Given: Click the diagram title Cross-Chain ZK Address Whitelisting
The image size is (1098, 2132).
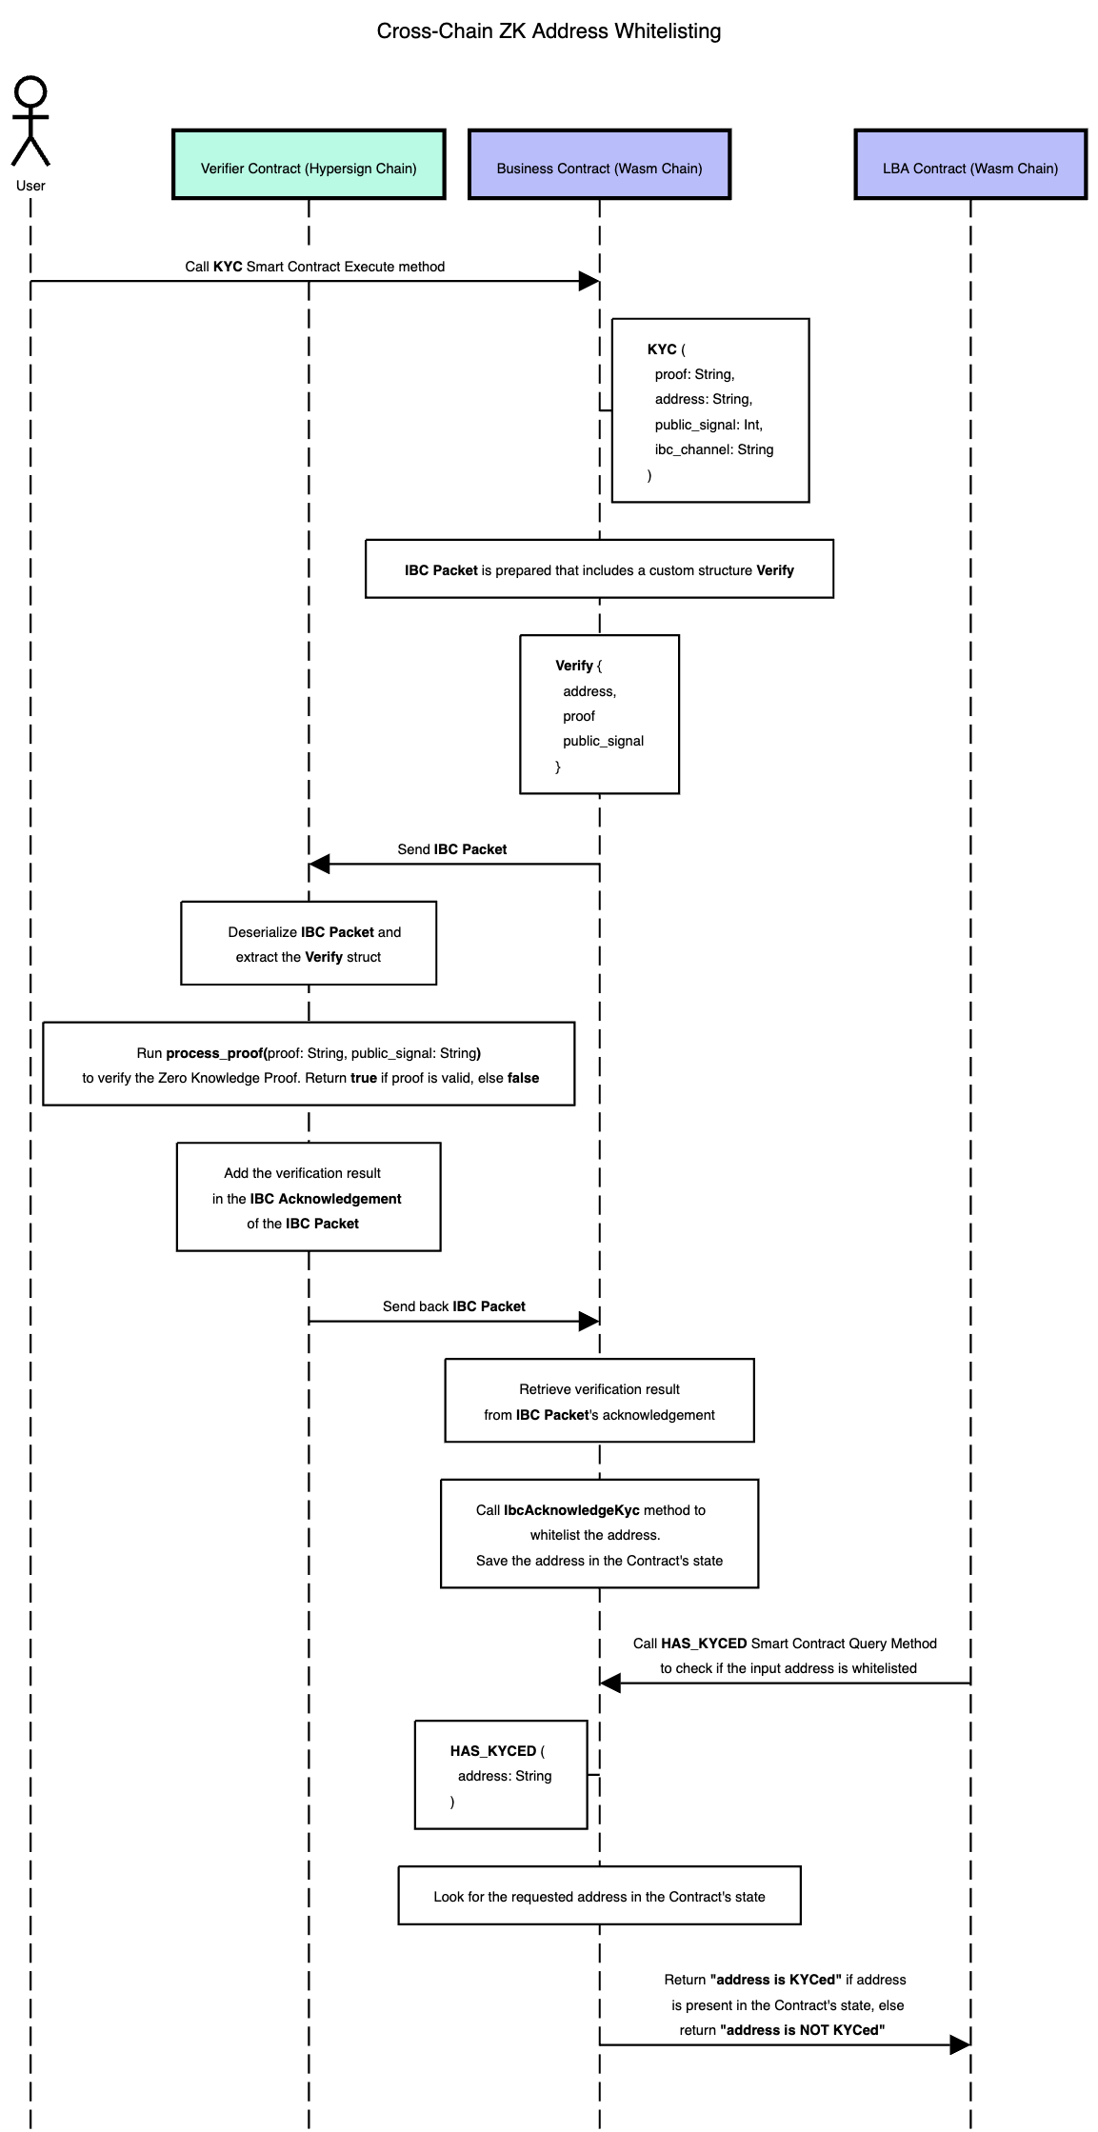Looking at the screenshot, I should (549, 31).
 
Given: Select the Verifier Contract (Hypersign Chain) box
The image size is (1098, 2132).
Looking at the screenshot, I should (309, 165).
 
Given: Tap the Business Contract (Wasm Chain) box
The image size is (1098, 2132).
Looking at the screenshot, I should (599, 165).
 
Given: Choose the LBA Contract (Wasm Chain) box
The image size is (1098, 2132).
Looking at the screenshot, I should (969, 165).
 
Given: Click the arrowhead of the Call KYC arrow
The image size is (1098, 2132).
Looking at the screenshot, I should (589, 281).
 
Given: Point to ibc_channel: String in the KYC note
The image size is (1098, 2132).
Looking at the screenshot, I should (713, 449).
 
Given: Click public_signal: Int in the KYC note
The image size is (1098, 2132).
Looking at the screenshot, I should (709, 425).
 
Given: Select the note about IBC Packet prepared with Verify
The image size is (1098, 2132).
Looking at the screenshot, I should (599, 569).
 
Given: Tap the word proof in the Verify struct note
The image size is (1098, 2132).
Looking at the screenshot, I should (579, 716).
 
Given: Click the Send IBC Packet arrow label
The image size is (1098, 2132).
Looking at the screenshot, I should (451, 849).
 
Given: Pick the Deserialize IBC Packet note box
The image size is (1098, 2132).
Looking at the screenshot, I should (309, 944).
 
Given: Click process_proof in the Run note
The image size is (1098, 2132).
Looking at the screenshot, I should (214, 1053).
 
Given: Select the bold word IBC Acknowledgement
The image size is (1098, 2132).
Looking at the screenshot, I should (326, 1199).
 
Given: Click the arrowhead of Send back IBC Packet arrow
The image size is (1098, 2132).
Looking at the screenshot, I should (589, 1321).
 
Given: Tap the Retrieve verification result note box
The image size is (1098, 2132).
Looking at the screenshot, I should (599, 1401).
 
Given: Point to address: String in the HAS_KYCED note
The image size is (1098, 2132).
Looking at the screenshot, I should (505, 1776).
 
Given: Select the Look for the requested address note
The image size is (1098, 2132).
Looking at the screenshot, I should (599, 1896).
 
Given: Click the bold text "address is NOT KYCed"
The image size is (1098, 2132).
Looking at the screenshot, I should (802, 2030).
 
